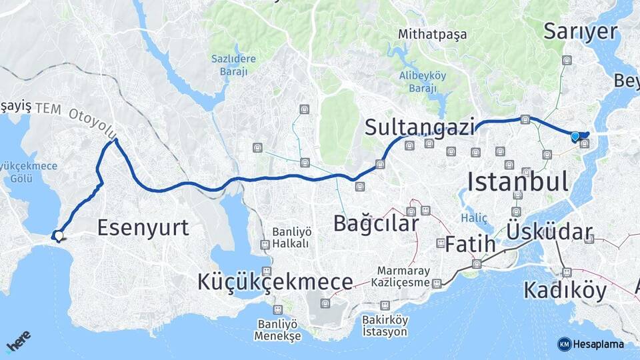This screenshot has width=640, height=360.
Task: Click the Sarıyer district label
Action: coord(581,31)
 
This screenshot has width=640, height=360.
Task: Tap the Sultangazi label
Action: coord(419,127)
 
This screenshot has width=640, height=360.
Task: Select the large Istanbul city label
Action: coord(517,181)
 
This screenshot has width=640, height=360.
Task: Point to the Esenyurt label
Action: coord(143,228)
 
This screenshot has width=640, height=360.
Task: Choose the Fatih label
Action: coord(470,244)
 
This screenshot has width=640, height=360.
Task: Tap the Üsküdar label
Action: coord(549,232)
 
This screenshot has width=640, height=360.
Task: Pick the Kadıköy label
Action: coord(565,291)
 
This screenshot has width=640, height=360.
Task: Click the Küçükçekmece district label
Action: coord(275,282)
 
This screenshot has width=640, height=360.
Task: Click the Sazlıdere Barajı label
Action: coord(233,65)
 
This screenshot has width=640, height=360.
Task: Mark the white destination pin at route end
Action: coord(59,235)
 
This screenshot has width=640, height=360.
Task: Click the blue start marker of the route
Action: coord(575,137)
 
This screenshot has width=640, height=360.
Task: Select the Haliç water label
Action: coord(474,218)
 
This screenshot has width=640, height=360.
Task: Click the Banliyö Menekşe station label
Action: coord(277,330)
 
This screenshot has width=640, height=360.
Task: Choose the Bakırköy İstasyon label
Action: coord(385,325)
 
